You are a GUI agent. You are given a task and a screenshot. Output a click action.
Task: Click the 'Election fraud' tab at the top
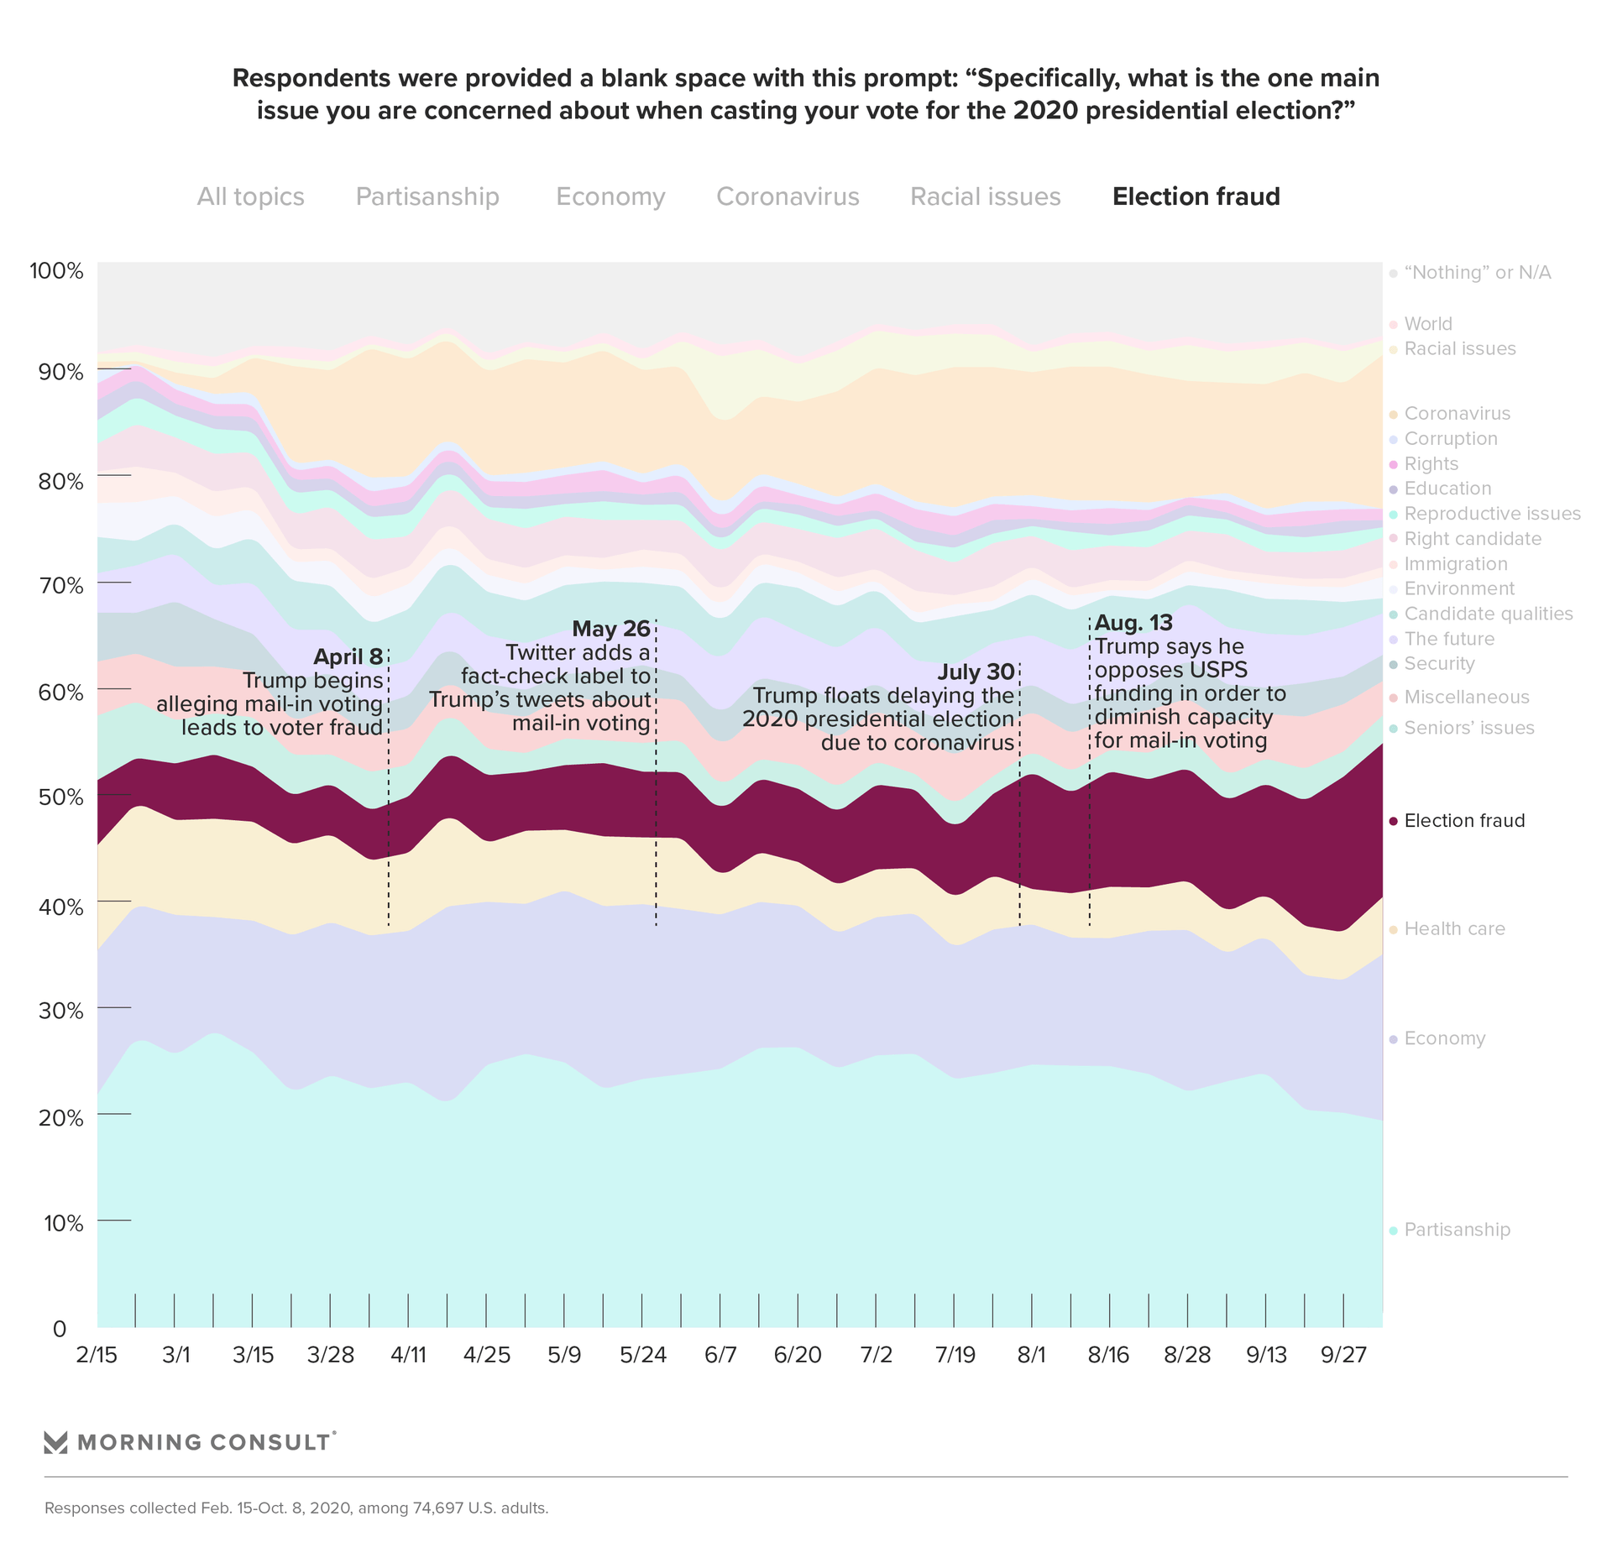point(1196,196)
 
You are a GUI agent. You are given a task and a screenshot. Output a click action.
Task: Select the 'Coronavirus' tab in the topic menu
point(788,196)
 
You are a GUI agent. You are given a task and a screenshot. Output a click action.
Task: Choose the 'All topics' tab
point(250,196)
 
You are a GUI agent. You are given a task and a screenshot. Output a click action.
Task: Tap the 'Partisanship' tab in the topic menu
point(427,196)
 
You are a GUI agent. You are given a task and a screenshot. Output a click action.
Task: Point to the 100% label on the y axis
point(56,271)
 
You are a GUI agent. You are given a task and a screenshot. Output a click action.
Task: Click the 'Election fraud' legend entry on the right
point(1464,821)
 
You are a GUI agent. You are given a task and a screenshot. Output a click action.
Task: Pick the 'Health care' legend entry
point(1454,929)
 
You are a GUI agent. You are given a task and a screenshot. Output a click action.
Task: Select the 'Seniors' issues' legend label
point(1468,728)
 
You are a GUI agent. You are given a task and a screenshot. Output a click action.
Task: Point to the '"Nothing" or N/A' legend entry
point(1477,273)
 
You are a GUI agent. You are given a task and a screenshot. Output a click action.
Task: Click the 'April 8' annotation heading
point(348,656)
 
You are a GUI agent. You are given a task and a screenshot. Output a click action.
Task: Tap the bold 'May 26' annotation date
point(610,629)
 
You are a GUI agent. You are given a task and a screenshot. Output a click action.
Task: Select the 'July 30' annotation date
point(976,672)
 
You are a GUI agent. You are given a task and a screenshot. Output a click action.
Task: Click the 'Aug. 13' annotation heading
point(1133,623)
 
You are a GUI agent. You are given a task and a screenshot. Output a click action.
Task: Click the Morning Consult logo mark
point(55,1442)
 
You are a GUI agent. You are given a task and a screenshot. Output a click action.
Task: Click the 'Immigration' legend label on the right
point(1455,564)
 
